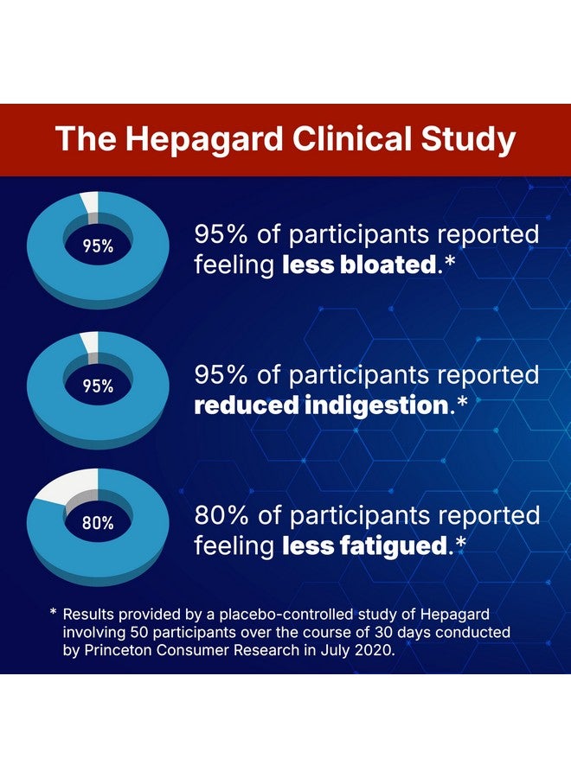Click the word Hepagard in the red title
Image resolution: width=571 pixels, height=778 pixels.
[x=204, y=139]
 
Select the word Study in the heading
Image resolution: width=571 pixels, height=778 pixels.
[x=468, y=139]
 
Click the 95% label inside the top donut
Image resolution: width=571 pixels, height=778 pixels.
[x=98, y=246]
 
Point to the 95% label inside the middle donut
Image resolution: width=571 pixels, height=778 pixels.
[x=98, y=386]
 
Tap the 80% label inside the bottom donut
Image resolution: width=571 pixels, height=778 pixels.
[x=98, y=522]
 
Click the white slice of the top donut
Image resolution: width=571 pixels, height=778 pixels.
[x=91, y=202]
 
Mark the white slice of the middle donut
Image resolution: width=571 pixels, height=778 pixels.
[x=91, y=343]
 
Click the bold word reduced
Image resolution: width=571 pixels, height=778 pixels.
[x=246, y=405]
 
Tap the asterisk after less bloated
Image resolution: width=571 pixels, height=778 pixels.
[x=449, y=260]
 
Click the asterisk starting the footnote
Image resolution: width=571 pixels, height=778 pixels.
[x=54, y=612]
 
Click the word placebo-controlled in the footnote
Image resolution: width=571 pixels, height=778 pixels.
[x=286, y=615]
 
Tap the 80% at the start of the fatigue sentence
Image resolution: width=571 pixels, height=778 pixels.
[x=221, y=516]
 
